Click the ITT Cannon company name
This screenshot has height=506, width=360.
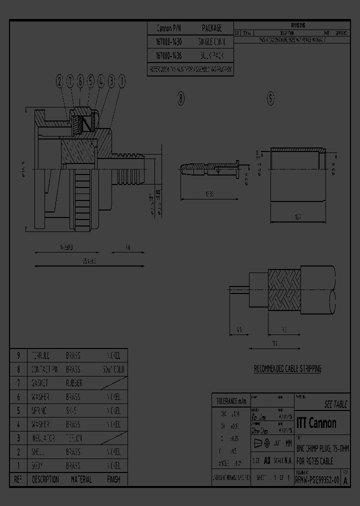316,423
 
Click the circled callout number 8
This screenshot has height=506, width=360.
181,99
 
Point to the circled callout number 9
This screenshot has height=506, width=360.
270,99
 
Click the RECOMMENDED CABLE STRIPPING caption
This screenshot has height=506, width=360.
287,369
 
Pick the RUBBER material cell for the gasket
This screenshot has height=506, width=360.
74,383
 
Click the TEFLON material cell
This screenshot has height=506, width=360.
74,438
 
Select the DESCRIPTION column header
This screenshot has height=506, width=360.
45,479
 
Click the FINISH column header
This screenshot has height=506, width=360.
113,479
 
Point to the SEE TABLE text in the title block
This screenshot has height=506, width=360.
335,404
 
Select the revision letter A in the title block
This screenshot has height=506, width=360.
345,481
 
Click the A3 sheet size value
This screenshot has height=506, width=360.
267,460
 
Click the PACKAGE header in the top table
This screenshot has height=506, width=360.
211,28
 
